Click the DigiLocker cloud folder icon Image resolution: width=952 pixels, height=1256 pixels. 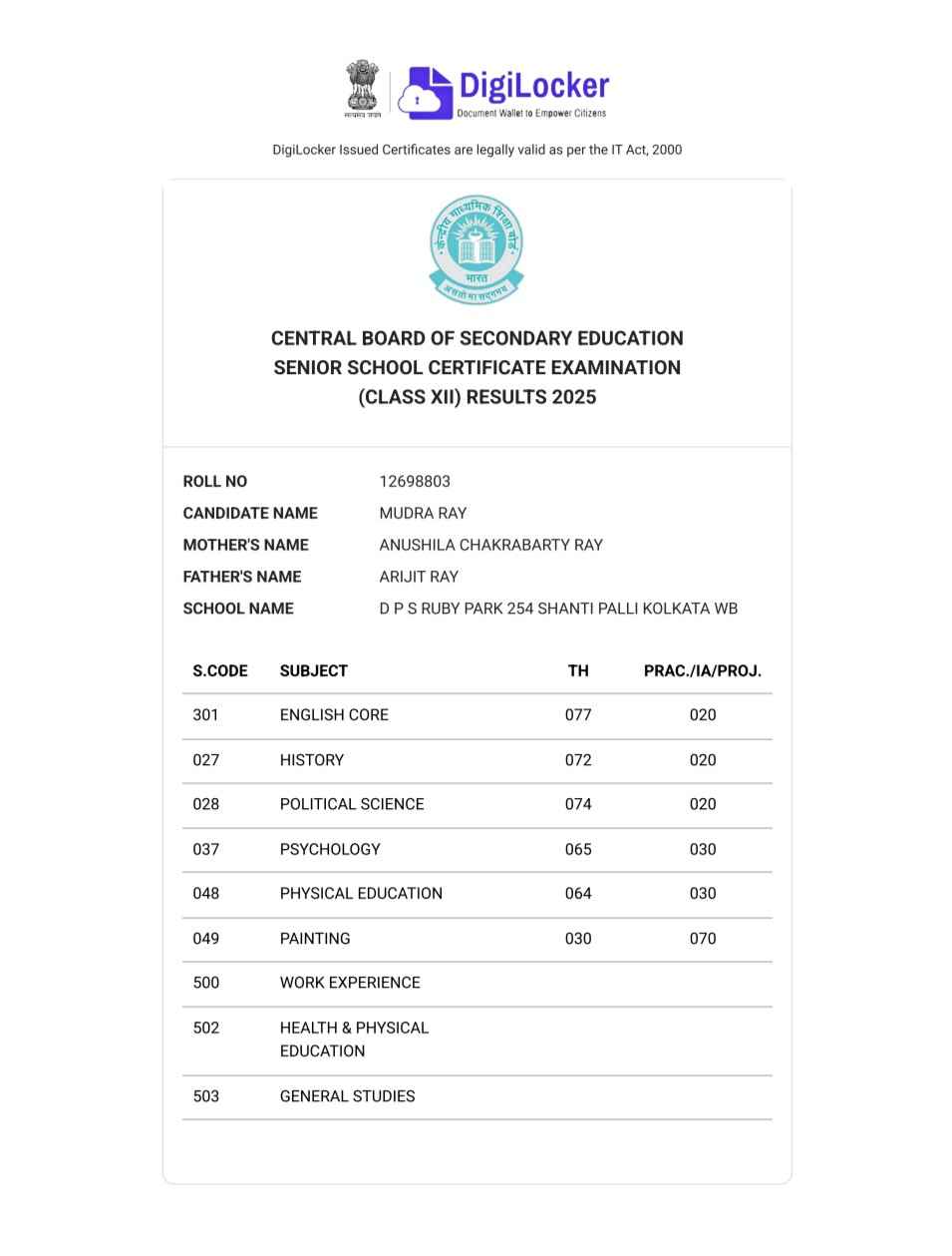coord(424,93)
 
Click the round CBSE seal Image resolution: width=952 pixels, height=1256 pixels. coord(476,248)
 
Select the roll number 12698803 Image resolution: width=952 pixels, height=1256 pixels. coord(415,481)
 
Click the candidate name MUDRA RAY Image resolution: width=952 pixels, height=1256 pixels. coord(423,513)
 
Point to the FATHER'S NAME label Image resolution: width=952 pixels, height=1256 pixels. coord(242,577)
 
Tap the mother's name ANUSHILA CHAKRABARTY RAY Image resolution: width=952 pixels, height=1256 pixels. coord(490,545)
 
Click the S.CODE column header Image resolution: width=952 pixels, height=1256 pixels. coord(220,670)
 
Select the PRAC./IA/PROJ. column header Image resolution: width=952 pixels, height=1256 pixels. coord(702,670)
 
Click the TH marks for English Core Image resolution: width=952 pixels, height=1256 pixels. coord(578,714)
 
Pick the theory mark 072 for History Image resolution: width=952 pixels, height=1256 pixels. coord(578,760)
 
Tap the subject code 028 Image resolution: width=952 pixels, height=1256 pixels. coord(206,804)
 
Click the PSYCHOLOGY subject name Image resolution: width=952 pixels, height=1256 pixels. coord(330,849)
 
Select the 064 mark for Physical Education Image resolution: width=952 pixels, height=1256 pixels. coord(578,893)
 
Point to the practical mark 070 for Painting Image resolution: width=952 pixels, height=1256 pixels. coord(703,938)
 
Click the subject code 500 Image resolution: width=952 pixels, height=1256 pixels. coord(206,983)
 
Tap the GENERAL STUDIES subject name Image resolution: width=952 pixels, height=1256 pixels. coord(347,1096)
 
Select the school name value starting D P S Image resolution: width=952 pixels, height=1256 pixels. coord(558,609)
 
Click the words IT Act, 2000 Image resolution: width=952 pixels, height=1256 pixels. coord(647,150)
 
